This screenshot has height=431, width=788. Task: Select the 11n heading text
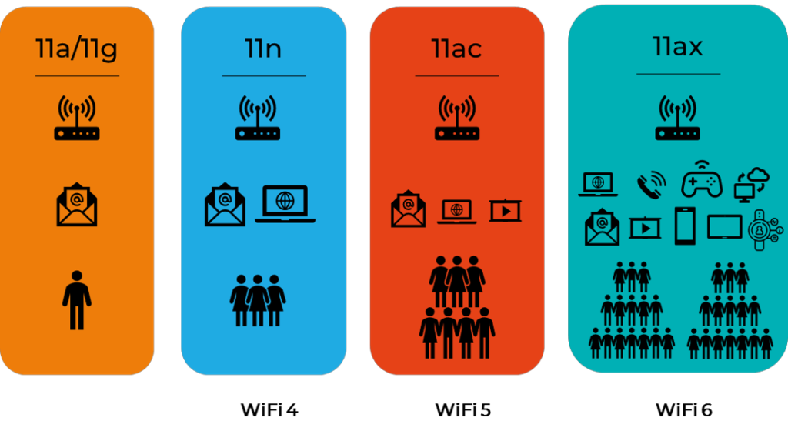263,48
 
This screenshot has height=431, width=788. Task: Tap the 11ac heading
456,48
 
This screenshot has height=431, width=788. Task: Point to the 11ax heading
677,47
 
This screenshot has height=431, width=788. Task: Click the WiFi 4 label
269,410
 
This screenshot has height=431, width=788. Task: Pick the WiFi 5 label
462,410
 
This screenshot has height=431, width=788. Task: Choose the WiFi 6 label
684,410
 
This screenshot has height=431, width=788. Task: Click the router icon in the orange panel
77,118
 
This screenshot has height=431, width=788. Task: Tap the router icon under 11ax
677,118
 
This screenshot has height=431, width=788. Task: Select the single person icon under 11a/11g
77,300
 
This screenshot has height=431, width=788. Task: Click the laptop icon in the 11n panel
285,204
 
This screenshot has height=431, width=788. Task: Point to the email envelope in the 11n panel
225,205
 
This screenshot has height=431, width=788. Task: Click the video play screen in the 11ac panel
506,211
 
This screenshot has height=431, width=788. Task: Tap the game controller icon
702,180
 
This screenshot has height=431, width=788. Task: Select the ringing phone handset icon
651,185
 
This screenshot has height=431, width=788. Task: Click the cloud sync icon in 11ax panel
751,185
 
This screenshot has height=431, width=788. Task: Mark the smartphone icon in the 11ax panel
685,226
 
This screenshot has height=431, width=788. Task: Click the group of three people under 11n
258,301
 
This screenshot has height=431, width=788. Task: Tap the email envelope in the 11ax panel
602,227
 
